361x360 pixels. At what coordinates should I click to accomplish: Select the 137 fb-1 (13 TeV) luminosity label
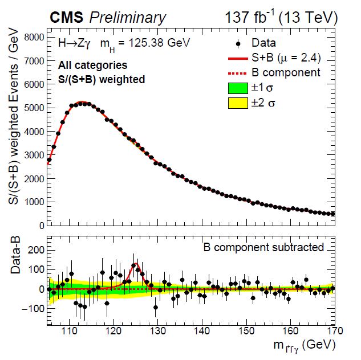coord(281,18)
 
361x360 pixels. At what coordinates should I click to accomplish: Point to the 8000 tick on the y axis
coord(34,37)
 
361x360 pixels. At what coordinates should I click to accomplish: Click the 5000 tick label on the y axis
coord(34,108)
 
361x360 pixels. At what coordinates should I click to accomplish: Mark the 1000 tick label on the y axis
coord(34,202)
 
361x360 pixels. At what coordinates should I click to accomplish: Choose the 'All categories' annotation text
coord(93,66)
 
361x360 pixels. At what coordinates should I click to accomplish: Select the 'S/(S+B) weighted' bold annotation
coord(102,80)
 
